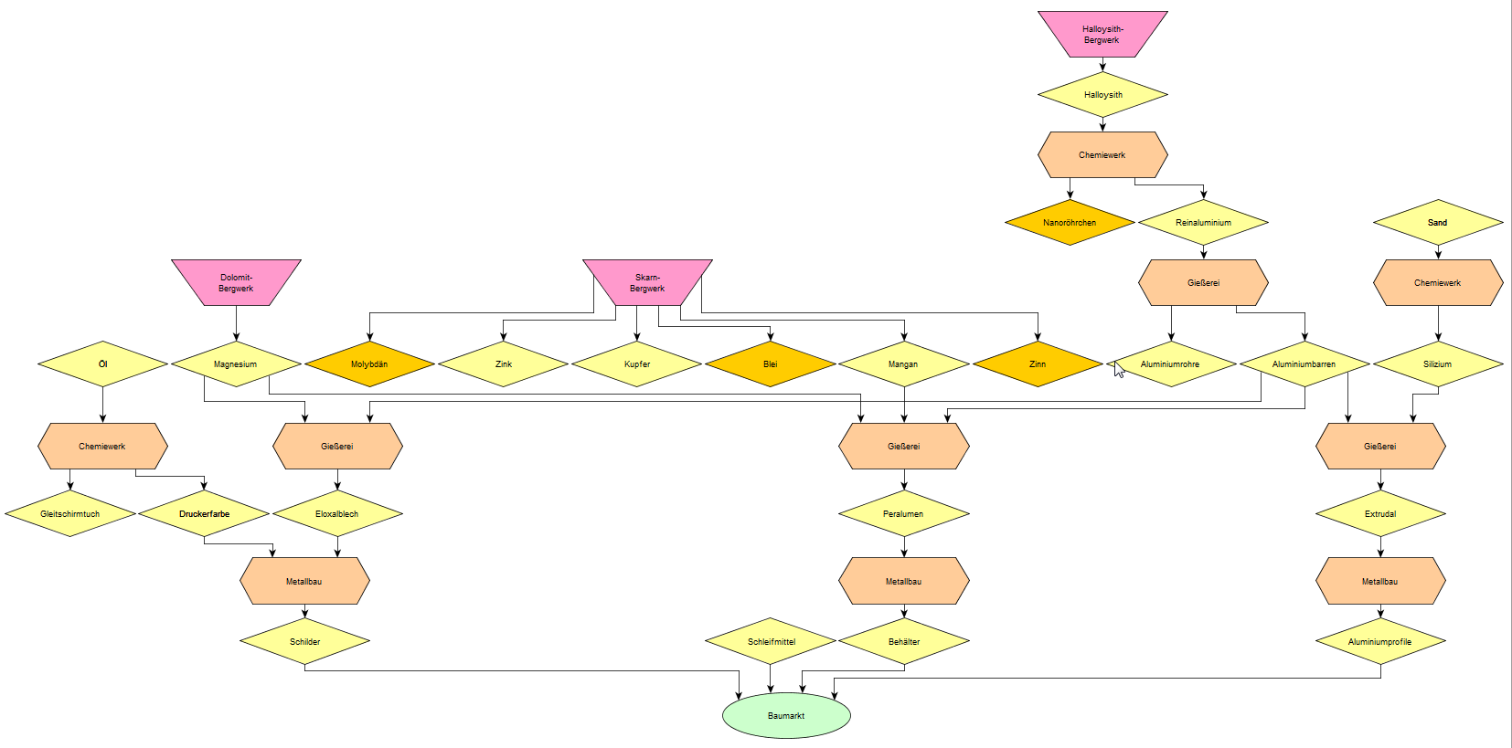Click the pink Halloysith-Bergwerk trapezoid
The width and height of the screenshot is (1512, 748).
[1102, 35]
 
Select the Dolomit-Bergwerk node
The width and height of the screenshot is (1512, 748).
[236, 282]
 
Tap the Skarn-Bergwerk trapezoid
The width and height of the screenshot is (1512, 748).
[647, 282]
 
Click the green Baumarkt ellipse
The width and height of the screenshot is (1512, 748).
[786, 715]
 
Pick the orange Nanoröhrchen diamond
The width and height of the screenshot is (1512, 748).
[1070, 223]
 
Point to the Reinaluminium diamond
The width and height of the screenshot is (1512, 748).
[1203, 223]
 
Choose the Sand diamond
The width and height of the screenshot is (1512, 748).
[1437, 223]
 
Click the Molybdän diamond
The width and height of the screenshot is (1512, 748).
[369, 364]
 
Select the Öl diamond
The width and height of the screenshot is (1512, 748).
[102, 364]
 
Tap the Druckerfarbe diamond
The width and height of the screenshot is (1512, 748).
[204, 514]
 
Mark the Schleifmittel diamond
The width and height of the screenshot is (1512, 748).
[771, 641]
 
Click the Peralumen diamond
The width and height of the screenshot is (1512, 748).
[903, 514]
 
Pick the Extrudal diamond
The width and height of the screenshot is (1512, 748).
[1380, 514]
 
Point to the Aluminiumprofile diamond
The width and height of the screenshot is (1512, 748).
[1380, 641]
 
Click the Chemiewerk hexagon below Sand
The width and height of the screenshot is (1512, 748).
[1437, 283]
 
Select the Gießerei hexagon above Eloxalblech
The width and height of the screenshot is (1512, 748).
[337, 447]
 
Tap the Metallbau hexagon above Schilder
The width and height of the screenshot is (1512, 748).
[304, 582]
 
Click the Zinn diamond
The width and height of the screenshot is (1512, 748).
[1038, 364]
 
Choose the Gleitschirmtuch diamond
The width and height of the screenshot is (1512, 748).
[70, 514]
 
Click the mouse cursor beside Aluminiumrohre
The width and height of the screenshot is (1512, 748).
[1119, 369]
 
